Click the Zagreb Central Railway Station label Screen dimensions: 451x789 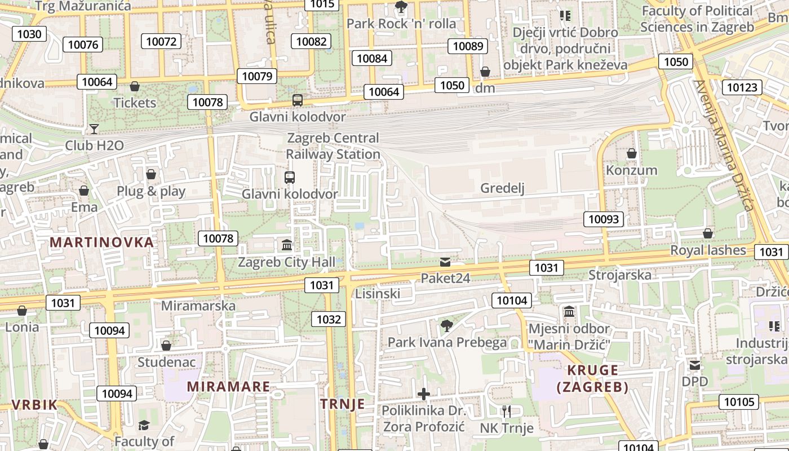(333, 146)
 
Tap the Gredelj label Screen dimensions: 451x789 (502, 188)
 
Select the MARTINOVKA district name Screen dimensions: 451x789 (101, 242)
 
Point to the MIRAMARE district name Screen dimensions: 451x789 (228, 387)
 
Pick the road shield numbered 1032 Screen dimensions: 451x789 (329, 320)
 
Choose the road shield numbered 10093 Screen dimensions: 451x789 (604, 219)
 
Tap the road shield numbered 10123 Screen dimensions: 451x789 (742, 87)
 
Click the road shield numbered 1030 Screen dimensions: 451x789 (29, 34)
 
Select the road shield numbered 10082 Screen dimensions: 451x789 (311, 41)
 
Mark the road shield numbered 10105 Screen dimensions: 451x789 (738, 402)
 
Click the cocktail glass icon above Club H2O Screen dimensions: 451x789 (94, 129)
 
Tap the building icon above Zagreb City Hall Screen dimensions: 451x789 (287, 245)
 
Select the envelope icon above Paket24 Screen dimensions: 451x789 (445, 262)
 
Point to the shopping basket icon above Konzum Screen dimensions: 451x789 (632, 153)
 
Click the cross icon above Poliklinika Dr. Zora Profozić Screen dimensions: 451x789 (424, 393)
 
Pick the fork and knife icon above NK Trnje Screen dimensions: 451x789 (507, 411)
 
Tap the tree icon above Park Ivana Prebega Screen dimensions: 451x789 (447, 325)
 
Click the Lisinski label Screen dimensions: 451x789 (378, 293)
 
